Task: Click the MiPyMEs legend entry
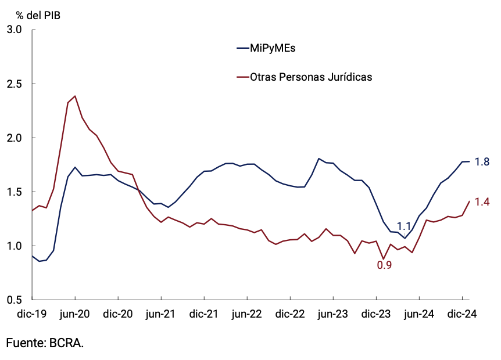[x=273, y=48]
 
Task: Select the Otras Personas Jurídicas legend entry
[x=310, y=77]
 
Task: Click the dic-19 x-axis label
[x=31, y=314]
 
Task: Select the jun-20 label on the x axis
[x=75, y=314]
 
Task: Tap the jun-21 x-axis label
[x=160, y=314]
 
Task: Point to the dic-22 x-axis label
[x=290, y=314]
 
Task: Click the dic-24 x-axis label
[x=462, y=314]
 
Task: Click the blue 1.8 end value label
[x=482, y=162]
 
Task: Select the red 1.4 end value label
[x=482, y=202]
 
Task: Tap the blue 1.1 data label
[x=405, y=227]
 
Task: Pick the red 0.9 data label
[x=384, y=266]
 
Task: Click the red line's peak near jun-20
[x=75, y=96]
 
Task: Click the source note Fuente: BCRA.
[x=45, y=343]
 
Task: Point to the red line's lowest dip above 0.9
[x=384, y=259]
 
